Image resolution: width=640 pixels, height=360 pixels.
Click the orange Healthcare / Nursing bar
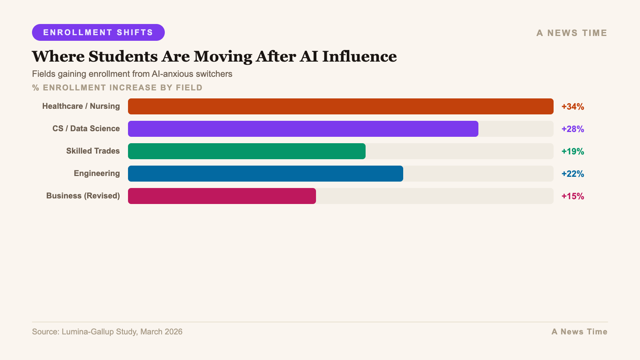pyautogui.click(x=340, y=106)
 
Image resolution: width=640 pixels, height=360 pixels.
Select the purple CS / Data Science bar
pyautogui.click(x=303, y=129)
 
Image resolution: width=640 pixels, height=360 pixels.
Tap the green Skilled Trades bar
pyautogui.click(x=246, y=151)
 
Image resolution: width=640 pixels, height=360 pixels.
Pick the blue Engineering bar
pyautogui.click(x=265, y=174)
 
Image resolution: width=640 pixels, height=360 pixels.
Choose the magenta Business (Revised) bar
pyautogui.click(x=222, y=196)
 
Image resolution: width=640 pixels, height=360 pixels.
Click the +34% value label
pyautogui.click(x=572, y=107)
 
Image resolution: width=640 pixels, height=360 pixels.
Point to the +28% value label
pyautogui.click(x=572, y=129)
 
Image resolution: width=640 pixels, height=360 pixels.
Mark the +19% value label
pyautogui.click(x=572, y=152)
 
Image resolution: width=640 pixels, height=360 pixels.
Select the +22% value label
pyautogui.click(x=572, y=174)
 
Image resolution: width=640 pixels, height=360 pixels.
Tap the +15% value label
pyautogui.click(x=572, y=196)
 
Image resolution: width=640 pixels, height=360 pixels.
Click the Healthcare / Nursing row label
pyautogui.click(x=81, y=106)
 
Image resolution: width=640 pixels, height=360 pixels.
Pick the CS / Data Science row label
pyautogui.click(x=86, y=129)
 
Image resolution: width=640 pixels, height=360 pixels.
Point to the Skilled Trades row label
pyautogui.click(x=93, y=151)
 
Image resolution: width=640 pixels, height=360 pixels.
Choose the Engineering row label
pyautogui.click(x=96, y=174)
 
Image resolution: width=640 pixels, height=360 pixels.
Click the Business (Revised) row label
pyautogui.click(x=83, y=196)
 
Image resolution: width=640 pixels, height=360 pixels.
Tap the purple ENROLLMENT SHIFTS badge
pyautogui.click(x=98, y=32)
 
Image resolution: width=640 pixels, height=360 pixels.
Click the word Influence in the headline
pyautogui.click(x=359, y=56)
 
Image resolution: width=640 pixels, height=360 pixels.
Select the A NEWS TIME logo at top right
pyautogui.click(x=572, y=33)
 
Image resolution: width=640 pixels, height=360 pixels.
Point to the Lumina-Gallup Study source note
pyautogui.click(x=107, y=332)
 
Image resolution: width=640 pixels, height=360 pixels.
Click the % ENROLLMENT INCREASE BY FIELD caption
pyautogui.click(x=117, y=88)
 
